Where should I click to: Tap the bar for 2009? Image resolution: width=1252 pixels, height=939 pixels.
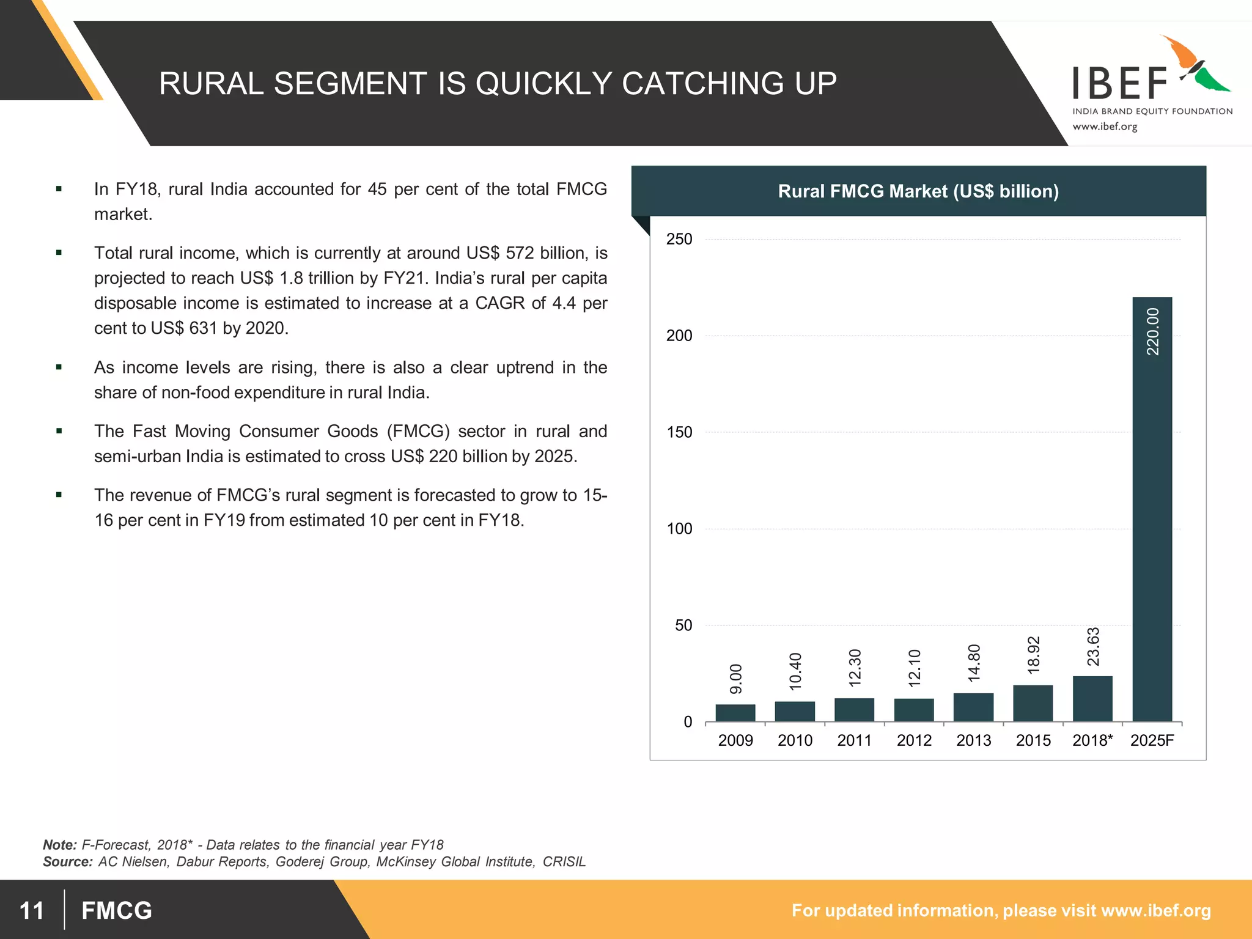pyautogui.click(x=735, y=713)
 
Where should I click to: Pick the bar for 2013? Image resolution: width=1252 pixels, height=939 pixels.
pyautogui.click(x=973, y=707)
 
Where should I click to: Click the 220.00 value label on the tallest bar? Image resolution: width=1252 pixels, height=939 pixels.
pyautogui.click(x=1152, y=331)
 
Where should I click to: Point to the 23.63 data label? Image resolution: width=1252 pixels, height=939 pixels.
pyautogui.click(x=1093, y=647)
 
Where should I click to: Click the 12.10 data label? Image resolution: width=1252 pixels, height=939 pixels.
pyautogui.click(x=914, y=668)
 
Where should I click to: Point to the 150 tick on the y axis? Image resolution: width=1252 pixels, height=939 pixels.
pyautogui.click(x=679, y=432)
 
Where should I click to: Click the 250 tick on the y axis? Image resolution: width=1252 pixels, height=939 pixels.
pyautogui.click(x=679, y=239)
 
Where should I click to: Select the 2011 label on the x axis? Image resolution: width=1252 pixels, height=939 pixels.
pyautogui.click(x=854, y=740)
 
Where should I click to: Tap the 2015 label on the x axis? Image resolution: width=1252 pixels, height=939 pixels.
pyautogui.click(x=1033, y=740)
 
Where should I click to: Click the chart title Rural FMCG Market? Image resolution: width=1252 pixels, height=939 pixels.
pyautogui.click(x=918, y=191)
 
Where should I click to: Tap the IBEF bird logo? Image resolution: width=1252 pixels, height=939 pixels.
pyautogui.click(x=1195, y=64)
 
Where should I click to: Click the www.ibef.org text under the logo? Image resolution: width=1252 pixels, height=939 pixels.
pyautogui.click(x=1105, y=127)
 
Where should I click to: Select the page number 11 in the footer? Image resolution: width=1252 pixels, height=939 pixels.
pyautogui.click(x=32, y=910)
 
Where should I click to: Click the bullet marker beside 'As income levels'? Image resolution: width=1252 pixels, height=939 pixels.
pyautogui.click(x=59, y=367)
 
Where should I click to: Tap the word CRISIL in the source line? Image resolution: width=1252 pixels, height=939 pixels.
pyautogui.click(x=564, y=862)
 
